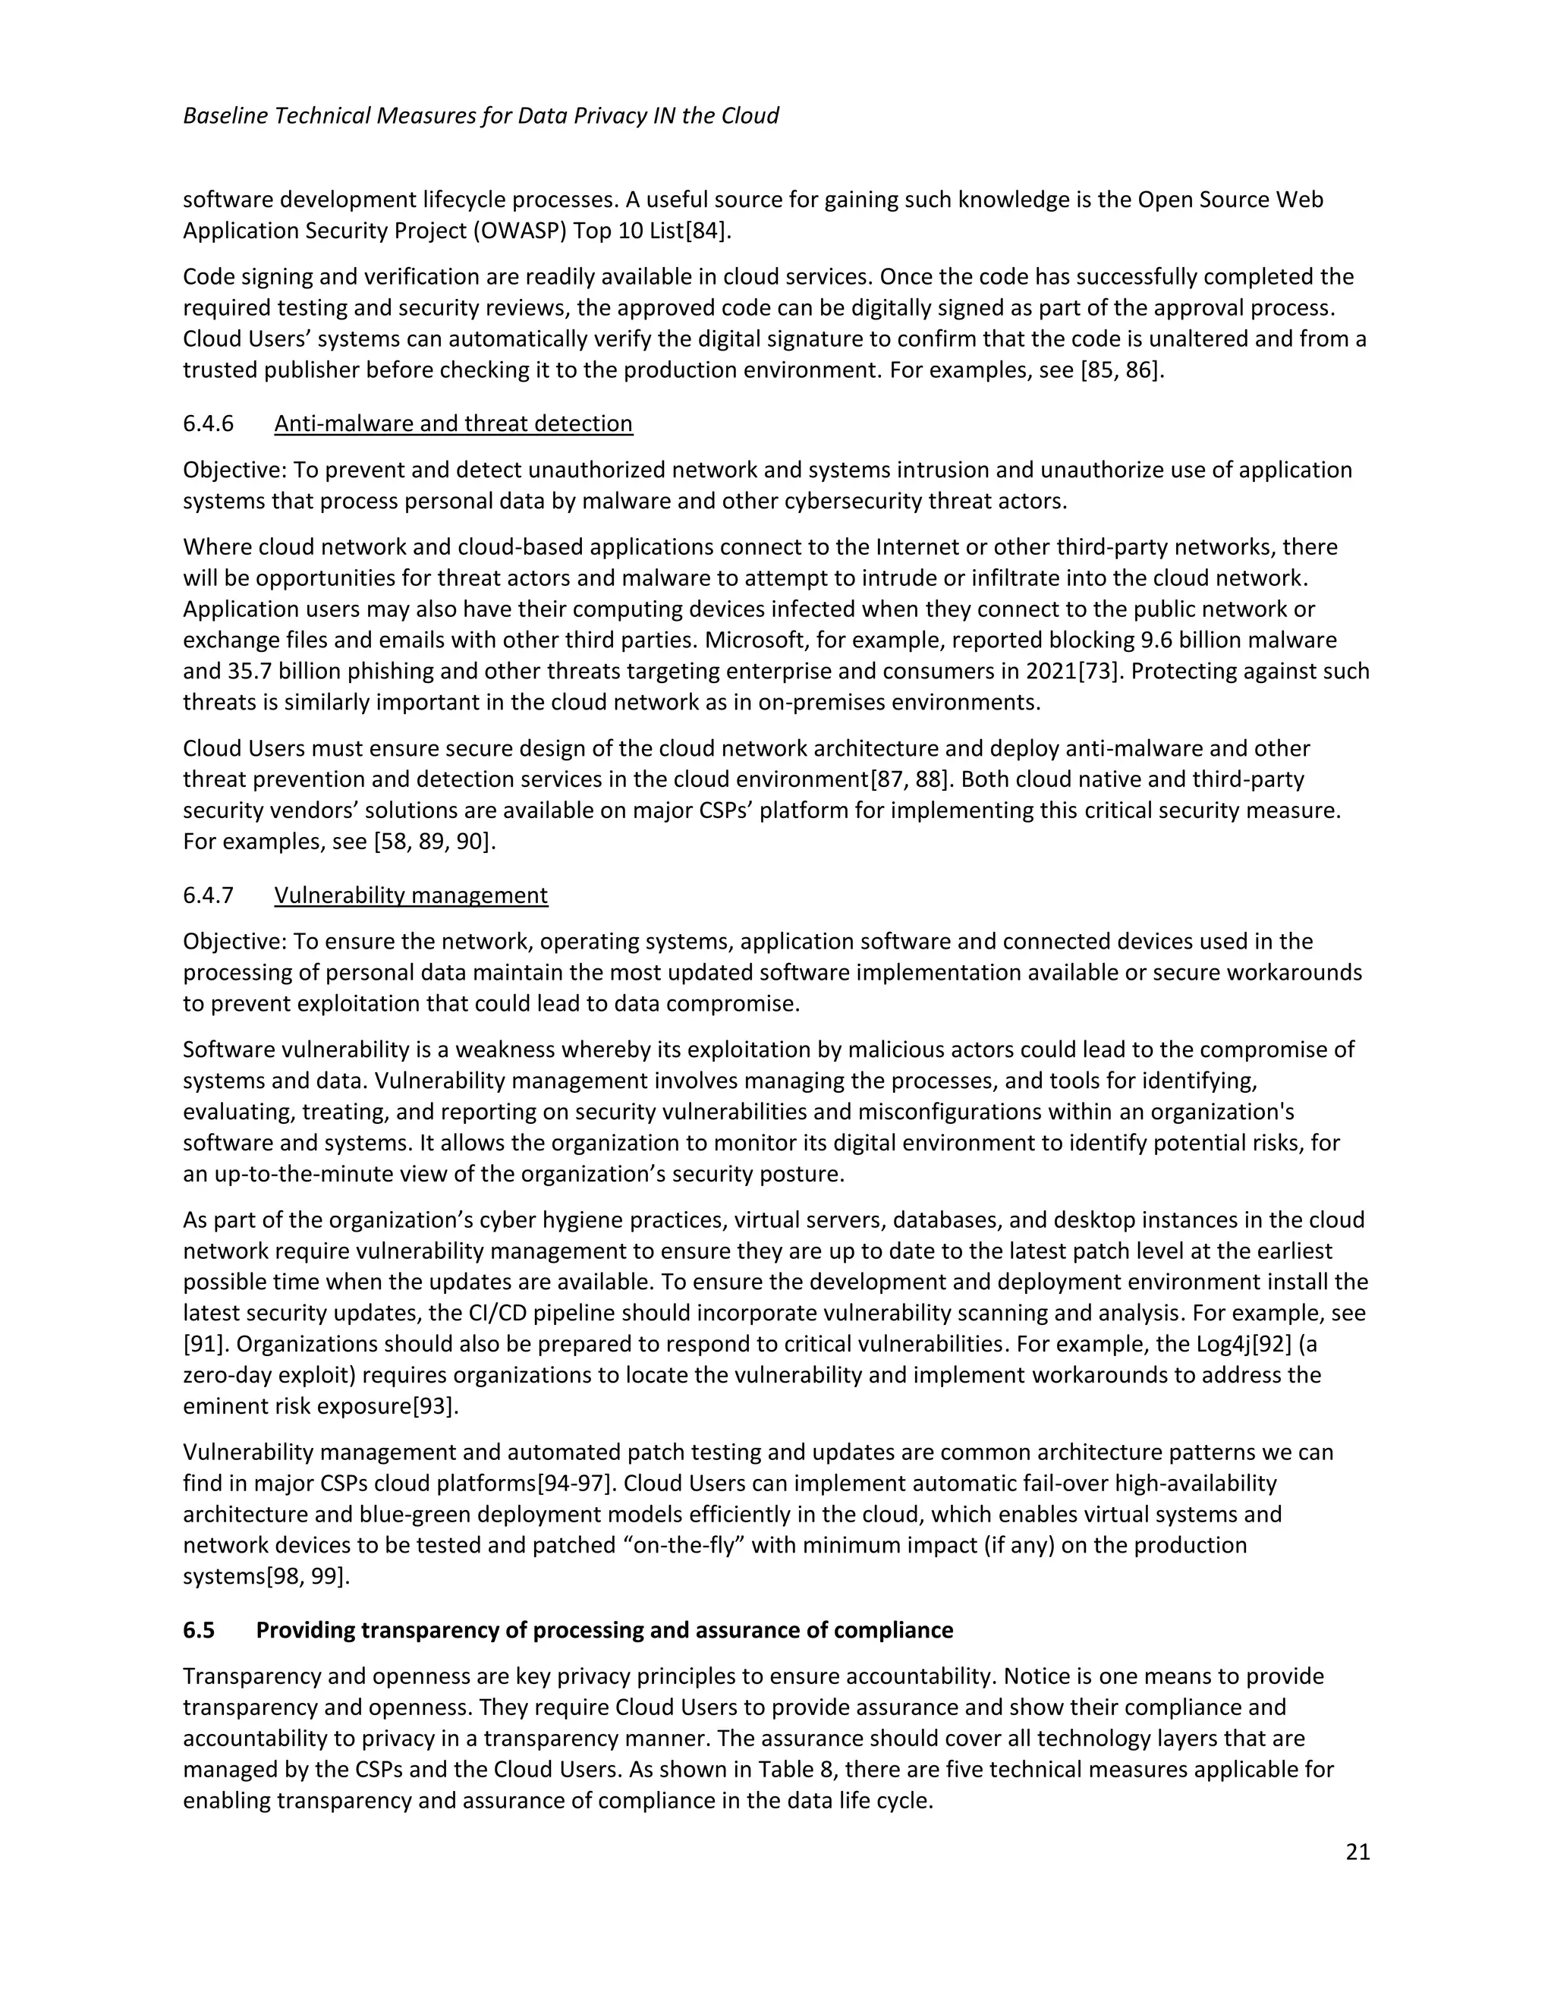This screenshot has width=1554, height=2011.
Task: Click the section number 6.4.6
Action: (x=208, y=423)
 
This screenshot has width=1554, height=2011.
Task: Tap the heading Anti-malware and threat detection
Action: (x=453, y=423)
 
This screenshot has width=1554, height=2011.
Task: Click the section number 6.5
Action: (x=199, y=1630)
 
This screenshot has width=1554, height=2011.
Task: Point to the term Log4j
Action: (x=1222, y=1345)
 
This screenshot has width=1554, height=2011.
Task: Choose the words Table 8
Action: (x=794, y=1770)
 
